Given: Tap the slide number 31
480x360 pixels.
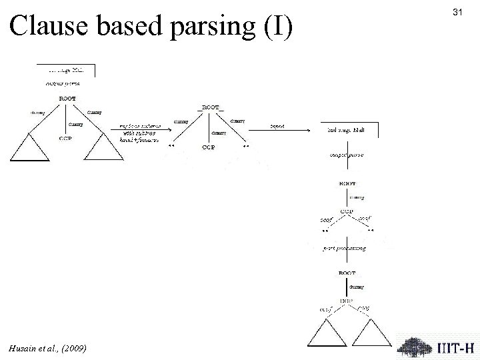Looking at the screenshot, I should (x=457, y=13).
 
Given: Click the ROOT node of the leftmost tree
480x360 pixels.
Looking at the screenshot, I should (x=67, y=99).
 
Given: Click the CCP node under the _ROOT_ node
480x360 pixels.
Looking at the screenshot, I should (x=209, y=147).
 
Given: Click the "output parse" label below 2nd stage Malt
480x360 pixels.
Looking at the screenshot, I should (x=347, y=155).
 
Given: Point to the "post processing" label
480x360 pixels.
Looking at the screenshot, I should (x=345, y=248).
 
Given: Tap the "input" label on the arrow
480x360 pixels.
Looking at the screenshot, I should (x=277, y=125).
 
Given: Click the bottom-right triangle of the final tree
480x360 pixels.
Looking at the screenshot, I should (x=366, y=331).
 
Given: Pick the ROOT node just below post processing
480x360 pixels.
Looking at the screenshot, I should (x=347, y=272).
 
